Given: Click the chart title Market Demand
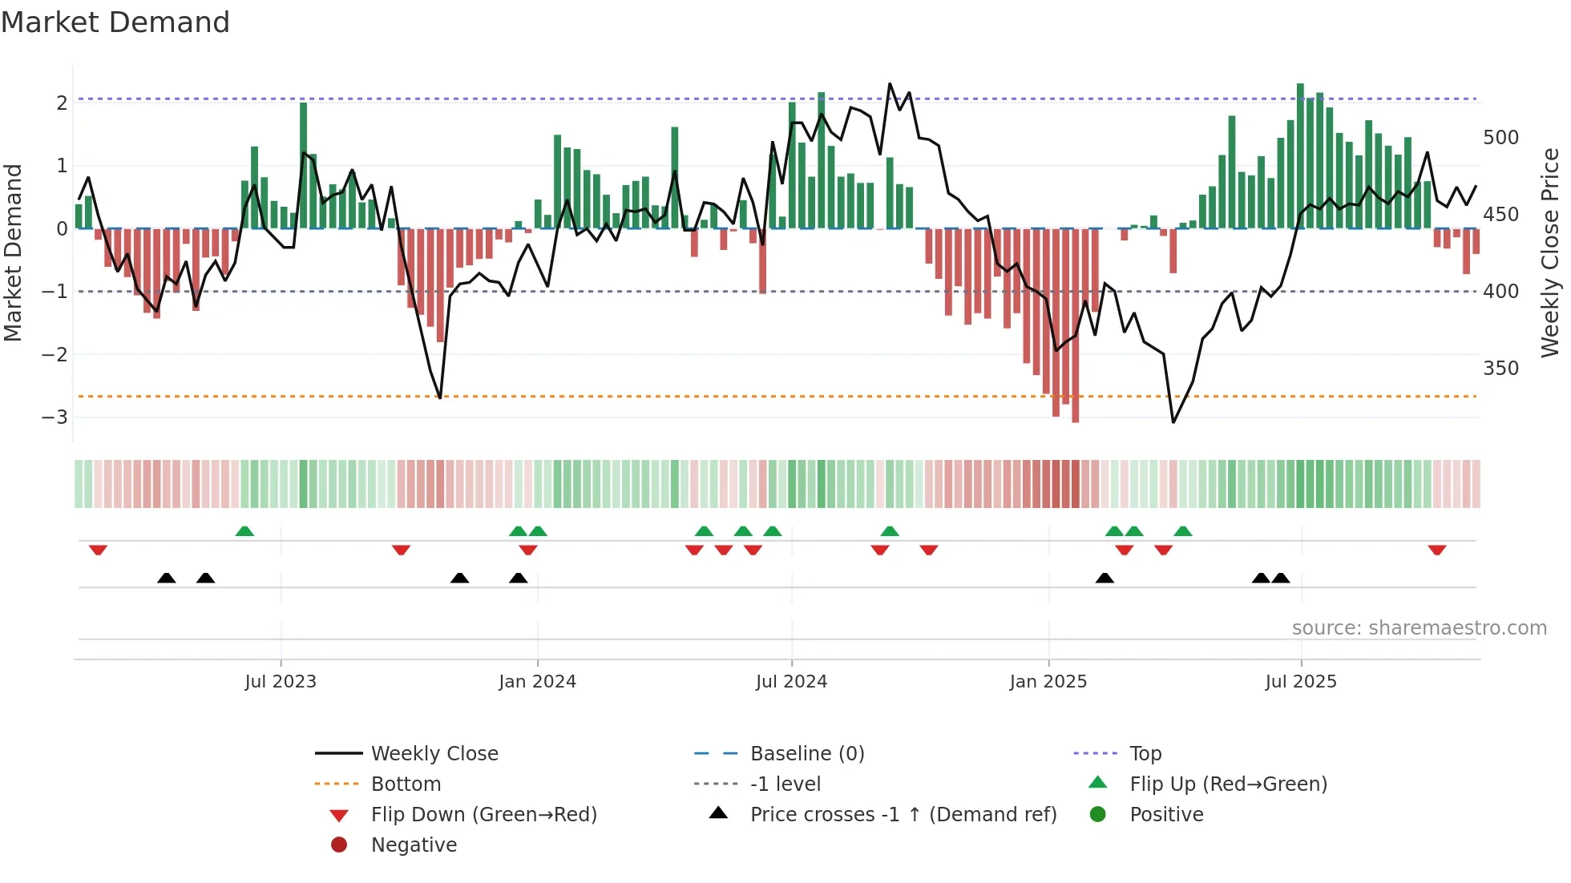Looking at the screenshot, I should (115, 22).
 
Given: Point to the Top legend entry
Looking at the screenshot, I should (1145, 753).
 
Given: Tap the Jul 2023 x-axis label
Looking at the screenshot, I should (281, 682).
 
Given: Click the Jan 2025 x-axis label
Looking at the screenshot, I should (1048, 682).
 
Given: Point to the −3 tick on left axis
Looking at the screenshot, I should (55, 417).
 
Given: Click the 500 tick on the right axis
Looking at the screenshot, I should (1500, 138).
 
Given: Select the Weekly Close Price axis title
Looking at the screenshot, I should (1550, 252).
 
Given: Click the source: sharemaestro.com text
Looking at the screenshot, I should (1419, 628).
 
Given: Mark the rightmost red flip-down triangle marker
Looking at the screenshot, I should (1436, 550).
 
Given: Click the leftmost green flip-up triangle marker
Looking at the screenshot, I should (244, 531).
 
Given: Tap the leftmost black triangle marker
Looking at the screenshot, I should (167, 578).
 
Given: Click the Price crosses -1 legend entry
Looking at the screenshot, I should (903, 814).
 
